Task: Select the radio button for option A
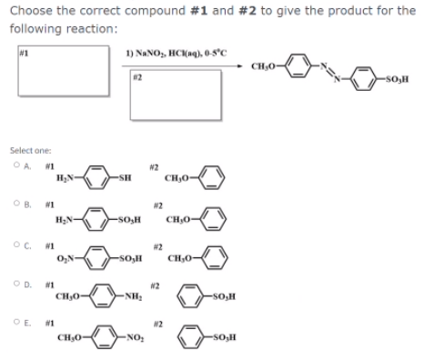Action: [x=16, y=165]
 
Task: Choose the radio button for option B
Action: [x=16, y=206]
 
